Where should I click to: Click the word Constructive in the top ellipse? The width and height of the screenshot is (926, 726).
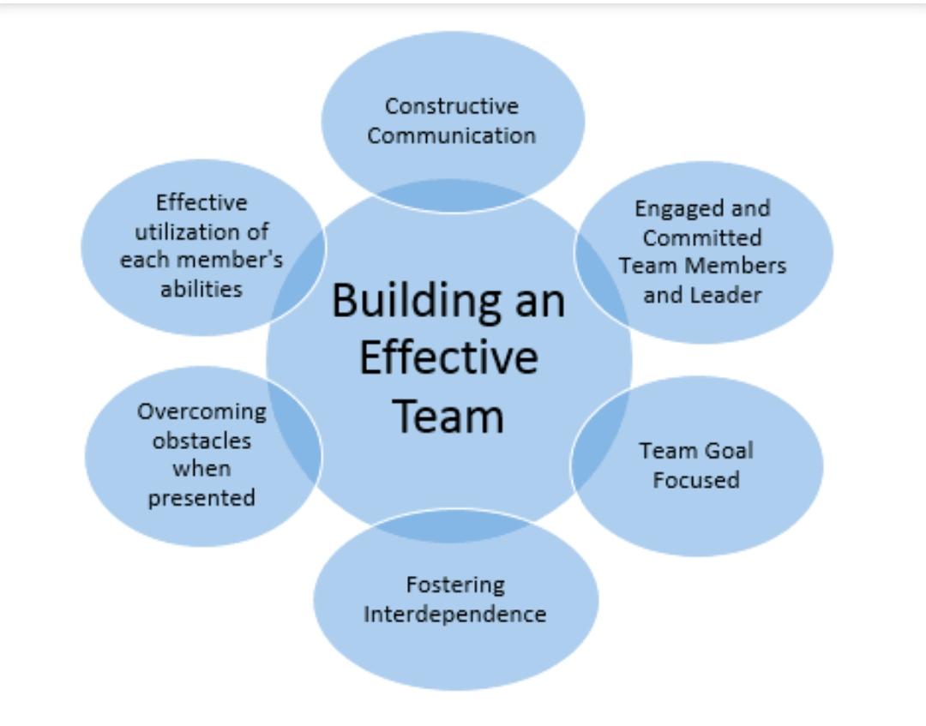[451, 106]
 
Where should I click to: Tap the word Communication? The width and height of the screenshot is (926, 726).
[451, 135]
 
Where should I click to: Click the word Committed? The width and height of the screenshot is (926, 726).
[702, 237]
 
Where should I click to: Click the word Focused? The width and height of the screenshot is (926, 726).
[696, 480]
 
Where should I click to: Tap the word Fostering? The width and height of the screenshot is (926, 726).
[455, 585]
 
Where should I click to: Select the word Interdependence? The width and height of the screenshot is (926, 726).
[455, 614]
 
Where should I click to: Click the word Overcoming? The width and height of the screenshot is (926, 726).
[202, 412]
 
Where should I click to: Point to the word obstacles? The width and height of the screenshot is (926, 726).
[202, 441]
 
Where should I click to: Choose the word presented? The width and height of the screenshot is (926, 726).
[202, 498]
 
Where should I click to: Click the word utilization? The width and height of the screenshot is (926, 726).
[202, 231]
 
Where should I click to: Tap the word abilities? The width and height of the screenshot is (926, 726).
[202, 289]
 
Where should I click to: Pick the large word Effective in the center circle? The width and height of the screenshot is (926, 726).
[448, 357]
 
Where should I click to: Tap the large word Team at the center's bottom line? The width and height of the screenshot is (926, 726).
[448, 416]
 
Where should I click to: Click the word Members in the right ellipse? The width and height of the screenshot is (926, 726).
[743, 266]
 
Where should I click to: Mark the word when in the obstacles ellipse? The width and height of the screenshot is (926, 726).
[202, 469]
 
